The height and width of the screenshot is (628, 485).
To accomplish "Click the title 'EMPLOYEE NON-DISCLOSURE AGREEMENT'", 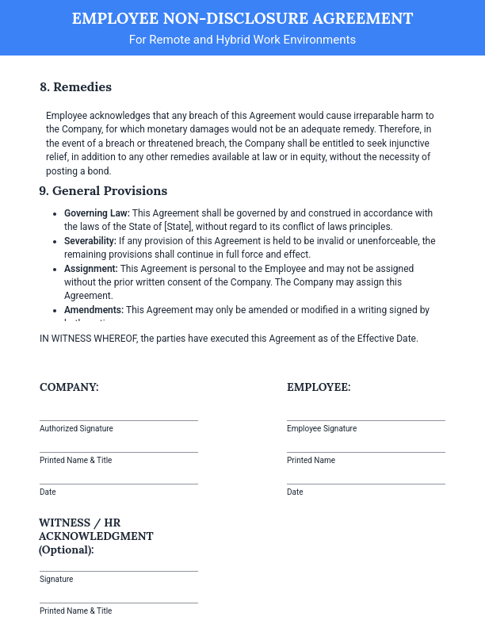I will [x=242, y=18].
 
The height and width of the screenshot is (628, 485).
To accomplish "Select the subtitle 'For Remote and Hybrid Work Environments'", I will [x=242, y=40].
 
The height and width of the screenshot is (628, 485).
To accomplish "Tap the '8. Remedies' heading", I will [x=75, y=87].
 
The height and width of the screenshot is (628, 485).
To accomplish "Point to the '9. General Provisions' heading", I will [x=103, y=191].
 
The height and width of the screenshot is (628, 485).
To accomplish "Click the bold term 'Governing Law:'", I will [x=97, y=213].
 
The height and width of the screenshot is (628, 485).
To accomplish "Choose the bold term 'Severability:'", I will [x=90, y=241].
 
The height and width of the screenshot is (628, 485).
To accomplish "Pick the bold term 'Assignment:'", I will [x=91, y=269].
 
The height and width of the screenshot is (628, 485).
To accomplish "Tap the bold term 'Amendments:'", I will [x=94, y=310].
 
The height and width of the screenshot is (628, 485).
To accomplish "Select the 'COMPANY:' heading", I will [x=69, y=388].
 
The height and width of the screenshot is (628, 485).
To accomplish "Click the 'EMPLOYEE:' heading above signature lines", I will [x=319, y=388].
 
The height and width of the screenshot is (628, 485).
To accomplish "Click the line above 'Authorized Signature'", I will [x=119, y=420].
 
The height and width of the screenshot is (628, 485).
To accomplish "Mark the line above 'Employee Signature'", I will [x=365, y=420].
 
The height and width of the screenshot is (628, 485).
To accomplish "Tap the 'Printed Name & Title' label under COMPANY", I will [x=76, y=461].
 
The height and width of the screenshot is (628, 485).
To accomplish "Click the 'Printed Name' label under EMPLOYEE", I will [x=311, y=461].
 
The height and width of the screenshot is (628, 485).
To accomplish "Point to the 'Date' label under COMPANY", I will [x=48, y=492].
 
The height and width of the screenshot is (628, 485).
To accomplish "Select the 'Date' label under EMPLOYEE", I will [x=295, y=492].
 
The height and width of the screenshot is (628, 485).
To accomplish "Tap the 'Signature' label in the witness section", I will [x=56, y=580].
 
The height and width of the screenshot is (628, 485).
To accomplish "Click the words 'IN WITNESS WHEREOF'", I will [x=88, y=339].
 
